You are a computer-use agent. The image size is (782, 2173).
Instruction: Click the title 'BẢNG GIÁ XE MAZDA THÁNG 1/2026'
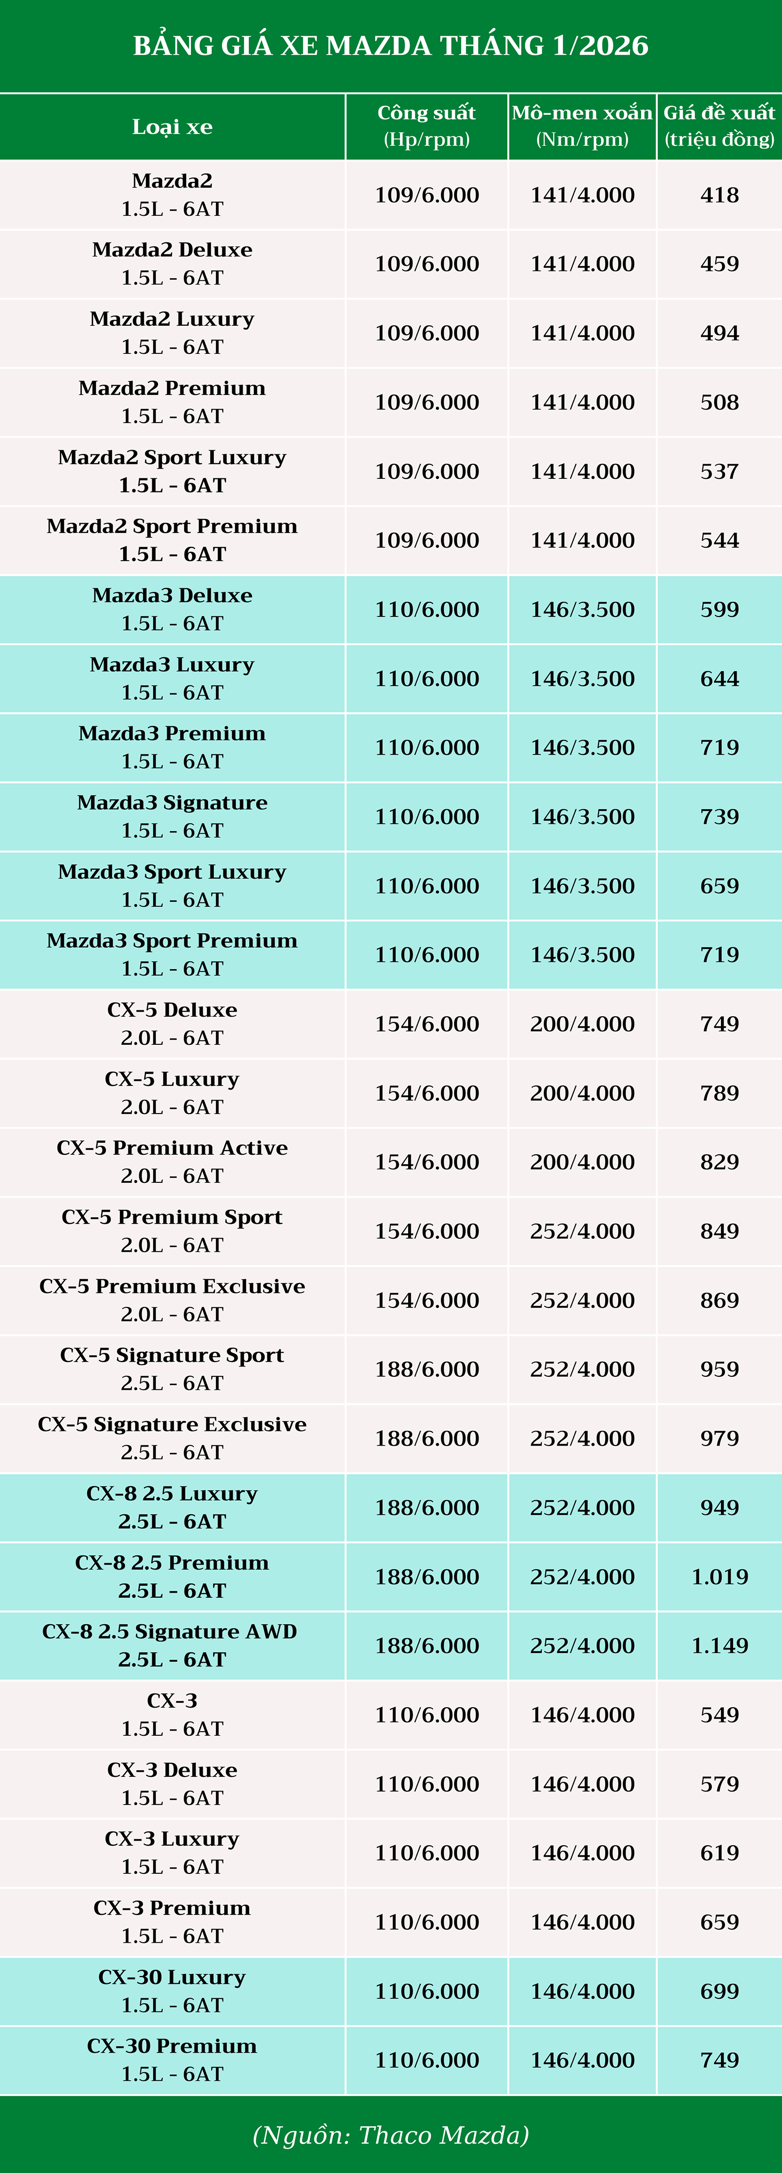(x=390, y=45)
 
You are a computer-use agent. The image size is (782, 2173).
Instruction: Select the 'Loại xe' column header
(x=172, y=127)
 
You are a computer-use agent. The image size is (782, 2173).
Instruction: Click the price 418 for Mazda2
(x=719, y=195)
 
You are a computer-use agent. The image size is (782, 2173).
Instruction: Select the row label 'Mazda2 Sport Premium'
(x=172, y=526)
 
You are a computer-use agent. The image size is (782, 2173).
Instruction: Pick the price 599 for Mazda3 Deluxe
(x=719, y=609)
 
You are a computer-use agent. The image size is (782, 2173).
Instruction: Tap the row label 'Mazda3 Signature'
(x=172, y=803)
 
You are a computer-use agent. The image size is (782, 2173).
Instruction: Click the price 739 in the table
(x=719, y=817)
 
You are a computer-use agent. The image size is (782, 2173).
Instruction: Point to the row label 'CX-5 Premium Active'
(x=172, y=1148)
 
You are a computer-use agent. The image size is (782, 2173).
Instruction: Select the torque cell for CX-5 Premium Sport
(x=582, y=1231)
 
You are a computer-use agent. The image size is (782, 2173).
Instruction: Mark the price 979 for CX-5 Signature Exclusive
(x=719, y=1438)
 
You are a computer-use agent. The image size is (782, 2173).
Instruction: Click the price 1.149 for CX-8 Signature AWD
(x=719, y=1645)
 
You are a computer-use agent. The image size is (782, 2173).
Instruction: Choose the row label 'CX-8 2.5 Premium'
(x=172, y=1563)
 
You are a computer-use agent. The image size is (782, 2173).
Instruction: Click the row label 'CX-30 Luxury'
(x=172, y=1977)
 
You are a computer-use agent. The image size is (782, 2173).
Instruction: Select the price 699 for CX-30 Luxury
(x=719, y=1991)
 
